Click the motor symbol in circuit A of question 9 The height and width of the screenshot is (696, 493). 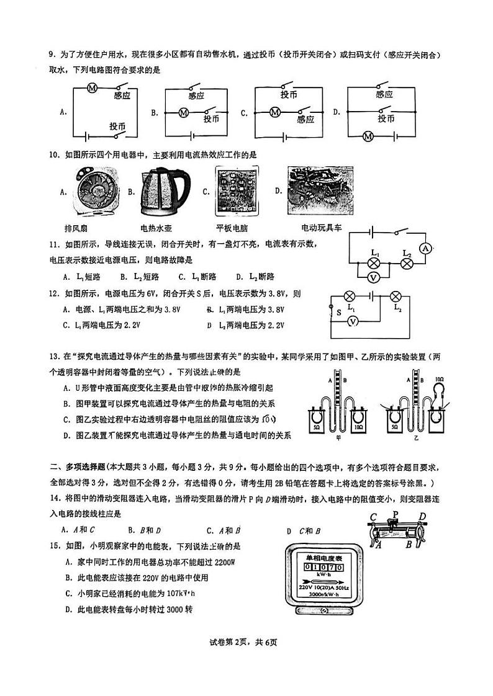92,89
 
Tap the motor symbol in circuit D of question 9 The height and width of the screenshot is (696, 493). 368,136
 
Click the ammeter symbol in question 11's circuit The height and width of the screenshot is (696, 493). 425,249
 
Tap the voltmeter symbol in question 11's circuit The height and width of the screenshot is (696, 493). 374,279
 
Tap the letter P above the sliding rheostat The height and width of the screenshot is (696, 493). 395,514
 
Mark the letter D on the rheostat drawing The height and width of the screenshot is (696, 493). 422,517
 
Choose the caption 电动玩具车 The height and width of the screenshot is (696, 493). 321,228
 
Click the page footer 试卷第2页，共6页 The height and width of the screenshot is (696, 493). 246,659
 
